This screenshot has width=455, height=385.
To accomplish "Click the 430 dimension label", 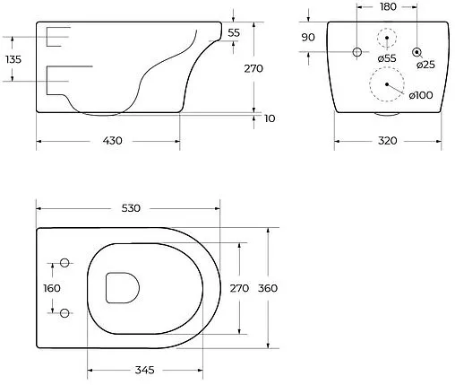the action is click(113, 141).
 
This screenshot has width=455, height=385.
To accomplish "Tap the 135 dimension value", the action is click(13, 59).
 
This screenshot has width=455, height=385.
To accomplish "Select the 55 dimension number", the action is click(234, 32).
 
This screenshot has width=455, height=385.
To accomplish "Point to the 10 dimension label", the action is click(270, 118).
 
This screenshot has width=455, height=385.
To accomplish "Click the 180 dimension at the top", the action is click(388, 6).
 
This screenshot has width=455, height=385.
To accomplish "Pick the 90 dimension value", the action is click(308, 38).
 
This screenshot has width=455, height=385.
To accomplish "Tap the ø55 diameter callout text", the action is click(387, 58).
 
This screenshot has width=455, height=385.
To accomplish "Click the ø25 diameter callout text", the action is click(425, 65).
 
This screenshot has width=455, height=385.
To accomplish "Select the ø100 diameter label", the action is click(421, 95).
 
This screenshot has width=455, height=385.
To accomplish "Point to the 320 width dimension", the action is click(387, 141).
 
